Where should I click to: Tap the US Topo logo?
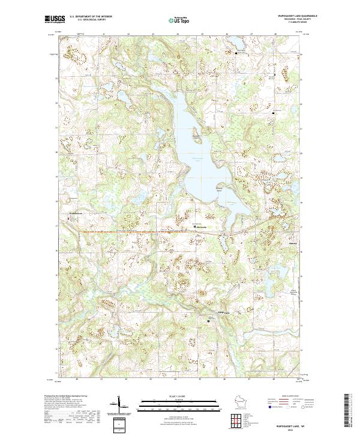tap(176, 19)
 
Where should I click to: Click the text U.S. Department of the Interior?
tap(90, 17)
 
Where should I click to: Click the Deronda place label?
tap(202, 226)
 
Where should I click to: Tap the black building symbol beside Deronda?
tap(194, 226)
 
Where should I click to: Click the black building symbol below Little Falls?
tap(209, 322)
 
